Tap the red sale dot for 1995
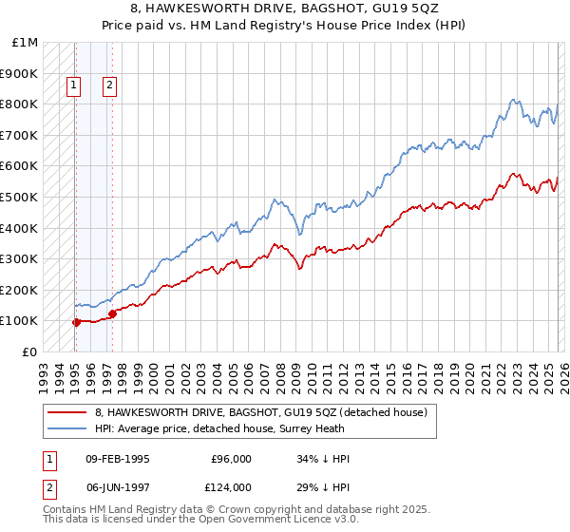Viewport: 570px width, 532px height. point(76,322)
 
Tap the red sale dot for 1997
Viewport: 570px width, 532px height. point(112,313)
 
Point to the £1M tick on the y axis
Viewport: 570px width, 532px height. point(26,43)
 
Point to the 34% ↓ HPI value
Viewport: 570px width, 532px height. point(323,459)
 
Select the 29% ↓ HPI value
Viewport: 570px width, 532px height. point(323,487)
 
